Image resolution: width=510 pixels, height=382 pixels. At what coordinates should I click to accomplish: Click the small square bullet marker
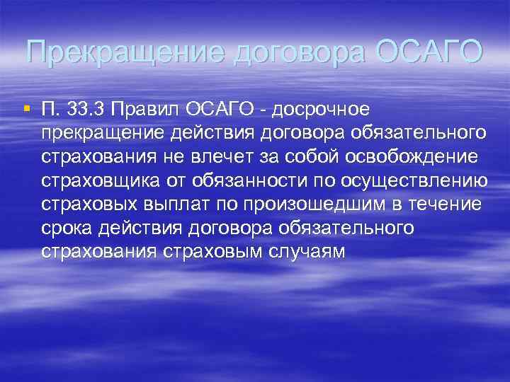(x=26, y=108)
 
